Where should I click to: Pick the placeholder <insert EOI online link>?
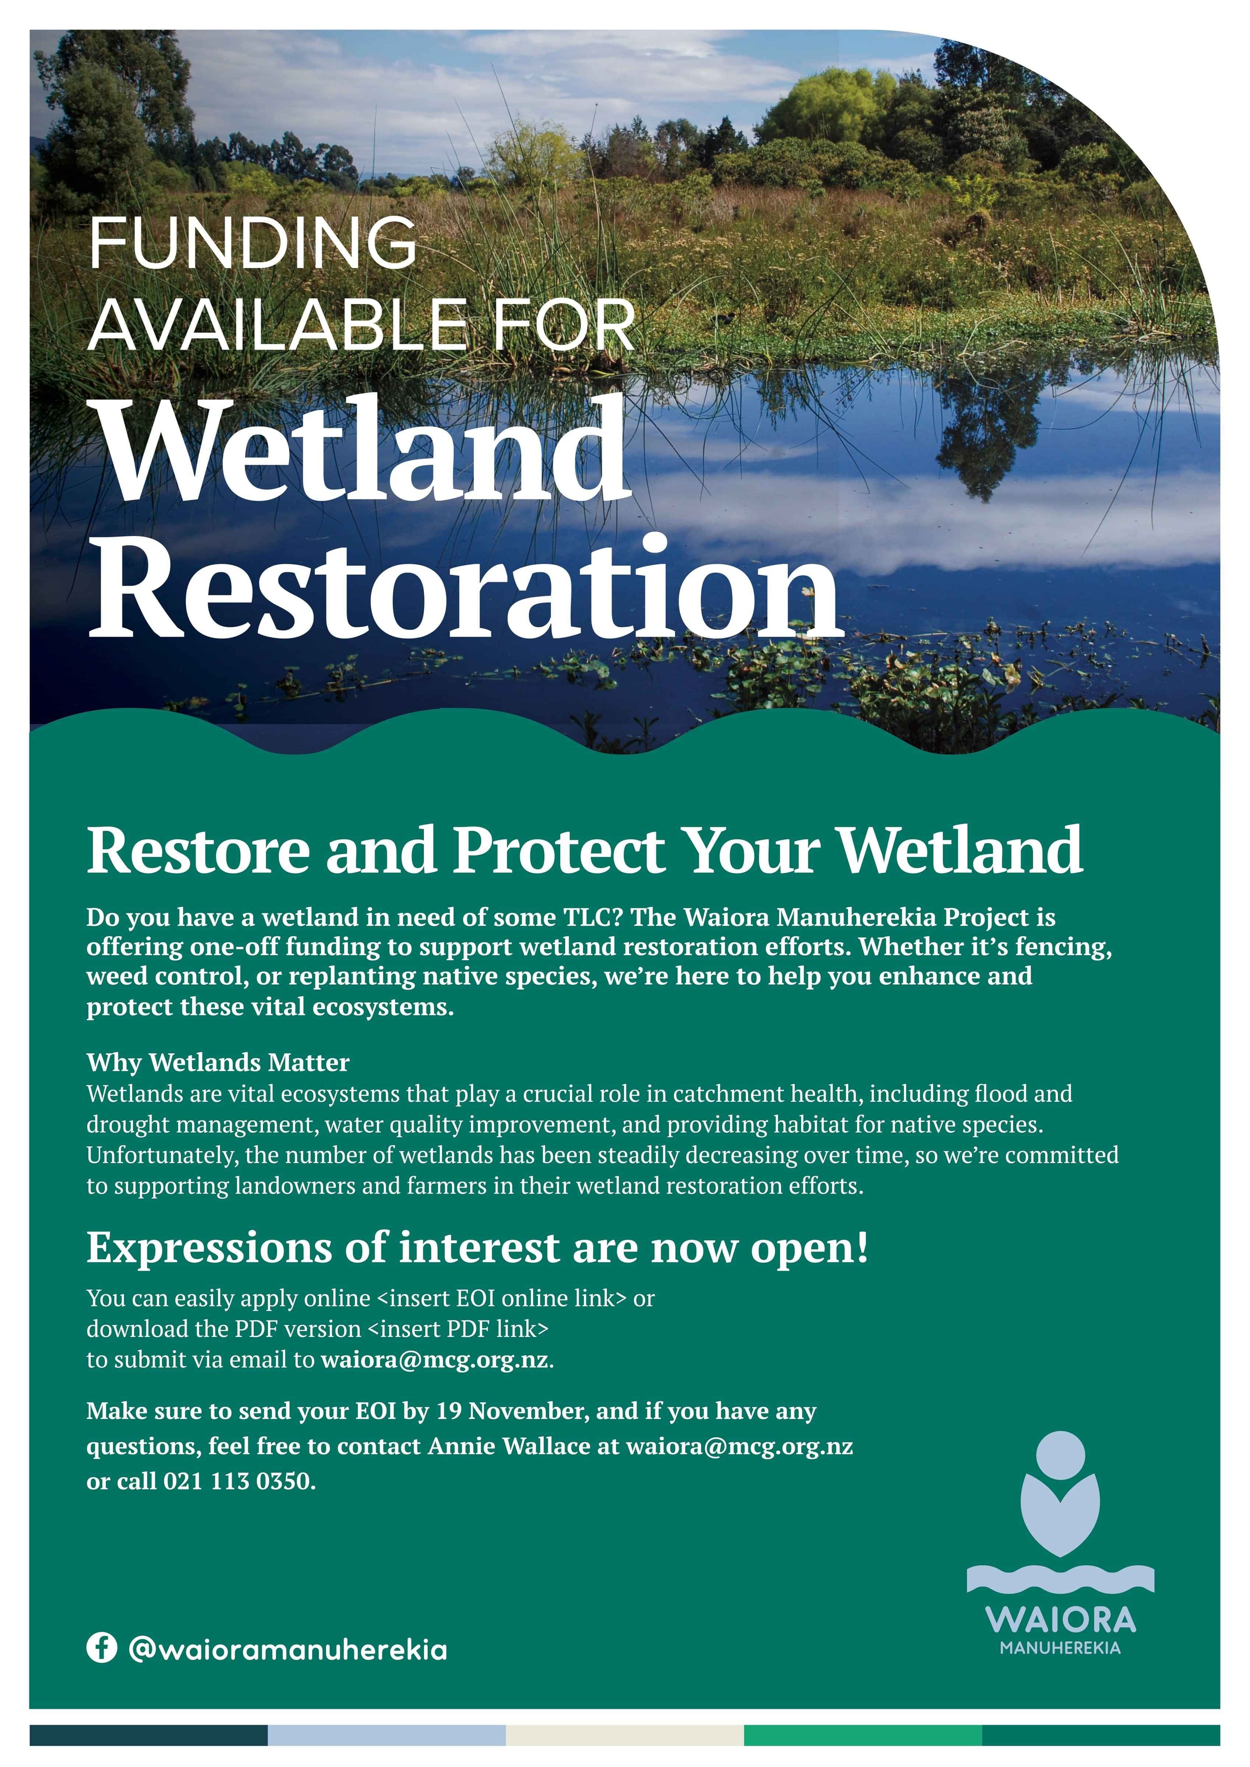click(501, 1298)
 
